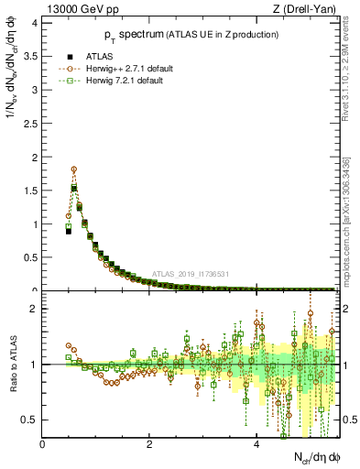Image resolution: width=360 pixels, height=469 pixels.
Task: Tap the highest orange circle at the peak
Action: pos(73,169)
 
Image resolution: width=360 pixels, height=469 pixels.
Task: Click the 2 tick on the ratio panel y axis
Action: pos(36,310)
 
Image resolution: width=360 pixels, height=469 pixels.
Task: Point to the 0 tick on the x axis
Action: pos(43,444)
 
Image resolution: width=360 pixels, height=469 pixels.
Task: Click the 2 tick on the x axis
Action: pos(149,444)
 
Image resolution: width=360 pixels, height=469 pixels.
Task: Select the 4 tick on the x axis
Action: pos(256,444)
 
